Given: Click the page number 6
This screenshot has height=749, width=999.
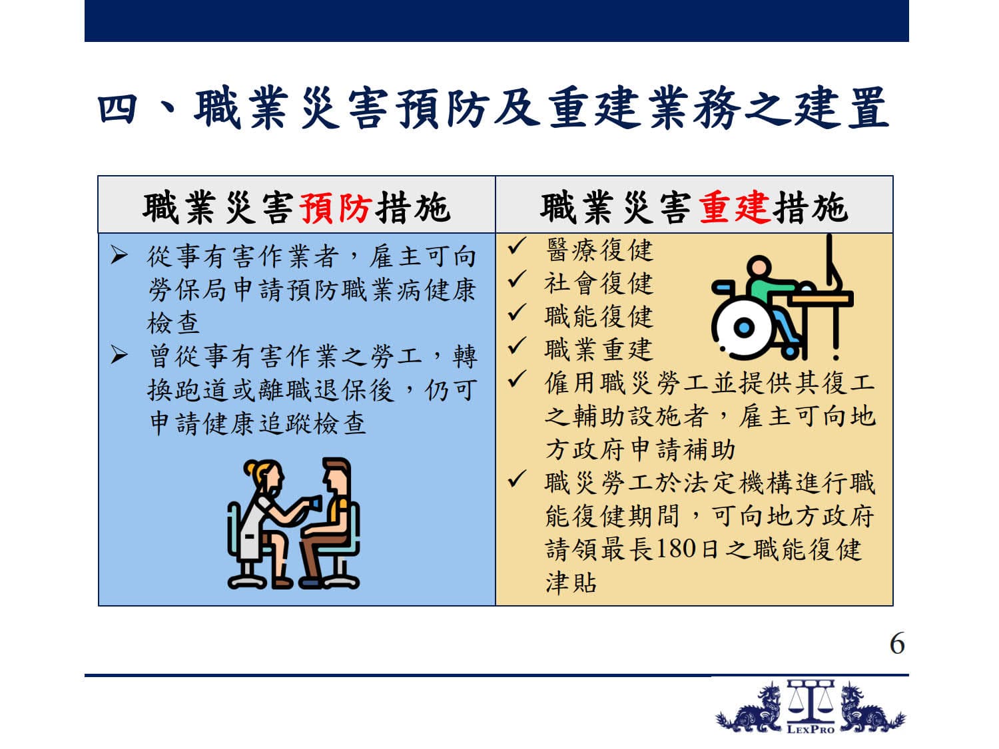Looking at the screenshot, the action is point(897,644).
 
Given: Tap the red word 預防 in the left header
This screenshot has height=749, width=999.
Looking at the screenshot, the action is point(336,208).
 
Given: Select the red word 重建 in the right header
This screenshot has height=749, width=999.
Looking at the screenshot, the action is point(735,208).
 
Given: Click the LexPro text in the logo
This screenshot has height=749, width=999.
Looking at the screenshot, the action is point(811,730).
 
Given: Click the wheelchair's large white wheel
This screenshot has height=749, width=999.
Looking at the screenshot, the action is point(744,327).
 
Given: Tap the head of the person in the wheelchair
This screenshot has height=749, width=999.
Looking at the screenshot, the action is point(759,268).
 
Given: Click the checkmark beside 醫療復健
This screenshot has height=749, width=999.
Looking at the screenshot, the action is point(517,246).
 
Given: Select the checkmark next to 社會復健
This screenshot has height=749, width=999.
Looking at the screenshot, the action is point(517,279).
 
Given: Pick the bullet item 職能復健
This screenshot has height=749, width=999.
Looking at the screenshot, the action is point(599,316).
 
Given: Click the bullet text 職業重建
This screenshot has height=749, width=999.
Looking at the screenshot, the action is point(599,350).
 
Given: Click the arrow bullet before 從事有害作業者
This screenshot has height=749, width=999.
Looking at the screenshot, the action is point(119,255).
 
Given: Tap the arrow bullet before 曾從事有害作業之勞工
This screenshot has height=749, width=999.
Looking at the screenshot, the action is point(119,355).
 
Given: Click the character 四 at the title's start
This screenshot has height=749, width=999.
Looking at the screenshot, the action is point(117,109).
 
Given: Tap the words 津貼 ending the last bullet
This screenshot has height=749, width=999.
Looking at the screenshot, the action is point(571,583).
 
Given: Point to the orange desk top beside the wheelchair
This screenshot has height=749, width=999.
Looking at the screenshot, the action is point(820,299).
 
